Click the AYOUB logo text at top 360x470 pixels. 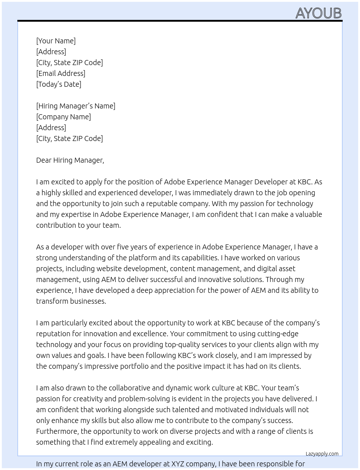pyautogui.click(x=318, y=13)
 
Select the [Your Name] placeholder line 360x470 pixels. pyautogui.click(x=56, y=41)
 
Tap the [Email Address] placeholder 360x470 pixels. pyautogui.click(x=61, y=73)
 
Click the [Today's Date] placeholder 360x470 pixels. pyautogui.click(x=59, y=84)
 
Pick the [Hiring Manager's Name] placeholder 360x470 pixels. pyautogui.click(x=76, y=106)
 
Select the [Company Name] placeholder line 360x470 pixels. pyautogui.click(x=64, y=117)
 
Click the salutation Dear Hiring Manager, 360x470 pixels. pyautogui.click(x=70, y=160)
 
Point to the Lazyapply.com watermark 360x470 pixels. pyautogui.click(x=322, y=454)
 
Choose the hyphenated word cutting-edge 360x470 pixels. pyautogui.click(x=277, y=334)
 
